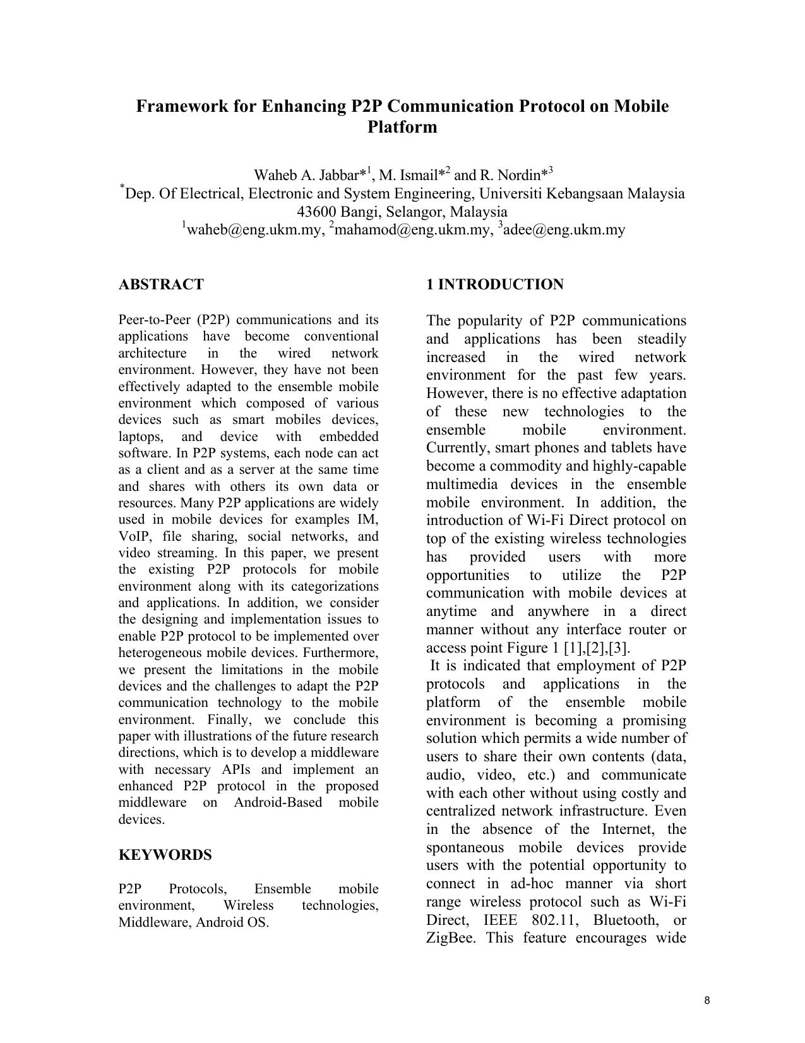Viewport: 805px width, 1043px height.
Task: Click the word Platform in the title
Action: click(x=402, y=127)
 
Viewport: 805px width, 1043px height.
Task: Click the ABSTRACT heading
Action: click(x=161, y=284)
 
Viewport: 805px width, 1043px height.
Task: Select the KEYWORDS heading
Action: click(x=165, y=855)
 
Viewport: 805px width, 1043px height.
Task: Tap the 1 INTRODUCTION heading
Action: click(x=494, y=284)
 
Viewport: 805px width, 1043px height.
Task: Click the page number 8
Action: click(x=707, y=1000)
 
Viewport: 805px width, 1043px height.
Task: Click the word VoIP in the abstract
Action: click(x=133, y=536)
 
